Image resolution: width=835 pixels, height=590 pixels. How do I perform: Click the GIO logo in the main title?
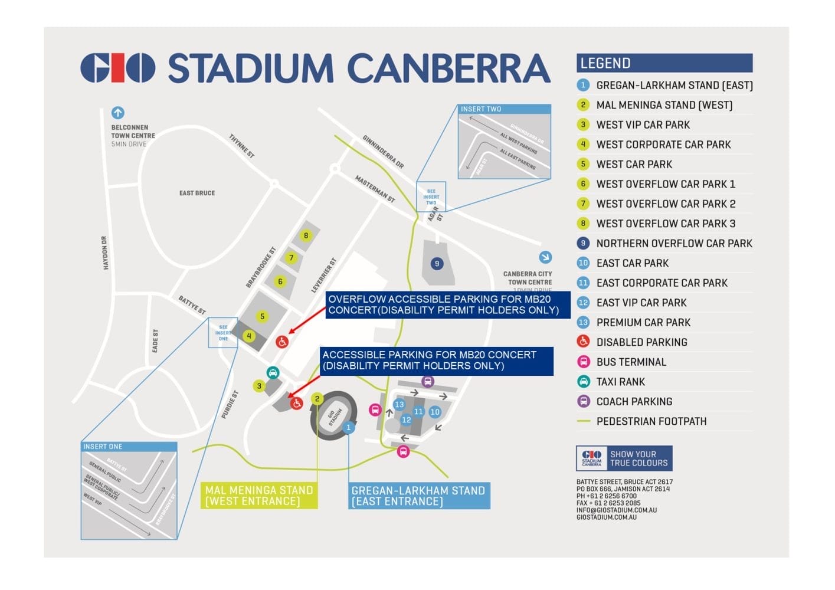click(117, 68)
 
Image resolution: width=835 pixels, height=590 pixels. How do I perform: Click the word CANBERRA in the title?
click(448, 68)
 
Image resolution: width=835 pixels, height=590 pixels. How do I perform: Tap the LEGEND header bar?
click(664, 63)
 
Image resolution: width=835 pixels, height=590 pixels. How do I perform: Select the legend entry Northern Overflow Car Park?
click(673, 243)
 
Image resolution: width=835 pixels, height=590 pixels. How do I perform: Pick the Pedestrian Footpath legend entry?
click(651, 421)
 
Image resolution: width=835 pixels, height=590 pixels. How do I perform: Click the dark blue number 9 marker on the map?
click(437, 264)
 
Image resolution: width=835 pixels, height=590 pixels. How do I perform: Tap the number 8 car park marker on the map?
click(306, 235)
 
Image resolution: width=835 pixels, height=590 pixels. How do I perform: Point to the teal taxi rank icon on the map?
click(273, 373)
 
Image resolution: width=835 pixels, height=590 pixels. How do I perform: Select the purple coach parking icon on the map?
click(428, 382)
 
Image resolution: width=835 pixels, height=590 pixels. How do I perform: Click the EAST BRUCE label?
click(197, 193)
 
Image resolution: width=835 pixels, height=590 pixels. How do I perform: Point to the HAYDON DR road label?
click(105, 253)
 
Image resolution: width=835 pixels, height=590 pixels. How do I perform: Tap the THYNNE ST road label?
click(241, 146)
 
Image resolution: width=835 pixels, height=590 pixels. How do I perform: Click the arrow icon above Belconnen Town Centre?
click(117, 112)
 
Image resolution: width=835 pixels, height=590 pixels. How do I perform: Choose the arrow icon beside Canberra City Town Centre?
click(545, 257)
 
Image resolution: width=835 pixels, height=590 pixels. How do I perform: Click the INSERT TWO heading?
click(481, 109)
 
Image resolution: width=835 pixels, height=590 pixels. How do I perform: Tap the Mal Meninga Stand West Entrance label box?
click(258, 496)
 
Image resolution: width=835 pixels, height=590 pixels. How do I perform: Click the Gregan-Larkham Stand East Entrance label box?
click(418, 496)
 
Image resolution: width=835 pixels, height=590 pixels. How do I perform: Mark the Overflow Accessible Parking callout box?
click(447, 304)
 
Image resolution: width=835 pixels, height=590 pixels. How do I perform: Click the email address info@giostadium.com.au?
click(616, 510)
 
